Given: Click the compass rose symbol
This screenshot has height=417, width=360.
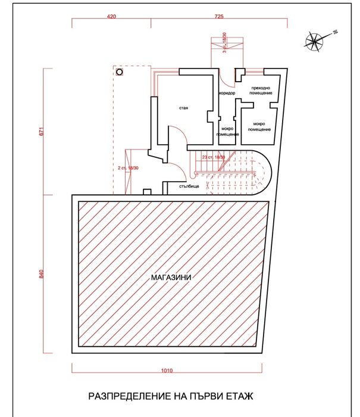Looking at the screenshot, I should (314, 41).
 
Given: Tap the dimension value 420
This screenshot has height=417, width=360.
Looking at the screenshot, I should (111, 17).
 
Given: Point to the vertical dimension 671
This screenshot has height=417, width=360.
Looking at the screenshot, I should (41, 132).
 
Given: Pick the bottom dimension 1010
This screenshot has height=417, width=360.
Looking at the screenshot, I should (167, 371).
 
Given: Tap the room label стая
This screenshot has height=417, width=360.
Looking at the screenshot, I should (183, 108).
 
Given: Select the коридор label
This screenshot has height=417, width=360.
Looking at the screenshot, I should (227, 94).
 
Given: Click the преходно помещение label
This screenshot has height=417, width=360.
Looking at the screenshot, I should (258, 91).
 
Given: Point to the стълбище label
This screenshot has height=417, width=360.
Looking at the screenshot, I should (189, 186).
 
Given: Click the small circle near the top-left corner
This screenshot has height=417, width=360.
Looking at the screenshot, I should (119, 72).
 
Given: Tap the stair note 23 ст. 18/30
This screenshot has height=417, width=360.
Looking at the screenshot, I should (214, 157).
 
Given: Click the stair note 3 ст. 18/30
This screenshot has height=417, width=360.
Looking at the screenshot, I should (224, 43).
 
